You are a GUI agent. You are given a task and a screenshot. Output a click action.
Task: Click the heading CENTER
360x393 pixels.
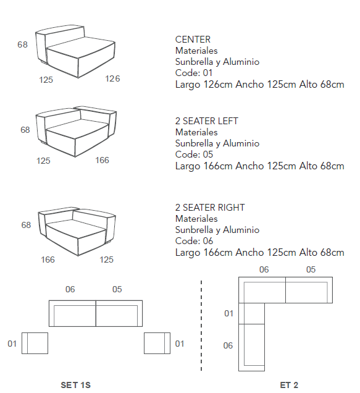tap(193, 40)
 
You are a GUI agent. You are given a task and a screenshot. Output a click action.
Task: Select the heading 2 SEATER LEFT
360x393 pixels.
tap(207, 121)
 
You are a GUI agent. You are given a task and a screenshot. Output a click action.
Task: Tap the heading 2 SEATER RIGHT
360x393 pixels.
tap(210, 208)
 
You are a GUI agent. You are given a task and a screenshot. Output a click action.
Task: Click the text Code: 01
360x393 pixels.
tap(194, 73)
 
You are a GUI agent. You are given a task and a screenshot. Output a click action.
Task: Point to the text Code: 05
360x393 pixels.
tap(194, 154)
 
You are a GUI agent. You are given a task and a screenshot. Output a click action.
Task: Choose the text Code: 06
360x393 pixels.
tap(194, 241)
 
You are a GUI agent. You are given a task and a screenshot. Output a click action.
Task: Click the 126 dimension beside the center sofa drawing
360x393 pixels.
tap(112, 78)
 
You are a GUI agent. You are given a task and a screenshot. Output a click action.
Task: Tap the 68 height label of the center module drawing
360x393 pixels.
tap(23, 44)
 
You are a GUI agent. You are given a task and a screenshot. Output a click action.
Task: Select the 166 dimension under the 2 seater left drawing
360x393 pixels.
tap(103, 160)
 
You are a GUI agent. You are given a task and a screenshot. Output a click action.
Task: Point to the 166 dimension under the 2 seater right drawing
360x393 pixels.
tap(48, 260)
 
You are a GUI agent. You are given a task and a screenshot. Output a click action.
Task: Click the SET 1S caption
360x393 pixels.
tap(76, 385)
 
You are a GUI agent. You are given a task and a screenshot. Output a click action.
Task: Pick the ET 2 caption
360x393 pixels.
tap(289, 385)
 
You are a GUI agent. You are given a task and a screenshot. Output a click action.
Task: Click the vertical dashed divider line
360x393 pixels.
tap(201, 325)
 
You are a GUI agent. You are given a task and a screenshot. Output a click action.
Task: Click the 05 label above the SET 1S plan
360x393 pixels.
tap(117, 289)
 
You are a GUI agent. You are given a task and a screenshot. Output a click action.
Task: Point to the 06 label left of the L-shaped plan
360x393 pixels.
tap(228, 345)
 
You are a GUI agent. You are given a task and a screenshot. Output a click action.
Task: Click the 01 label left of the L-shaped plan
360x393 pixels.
tap(228, 313)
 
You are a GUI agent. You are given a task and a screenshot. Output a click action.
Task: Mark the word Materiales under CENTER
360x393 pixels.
tap(196, 51)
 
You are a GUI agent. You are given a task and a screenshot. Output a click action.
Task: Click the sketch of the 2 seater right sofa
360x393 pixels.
tap(77, 231)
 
